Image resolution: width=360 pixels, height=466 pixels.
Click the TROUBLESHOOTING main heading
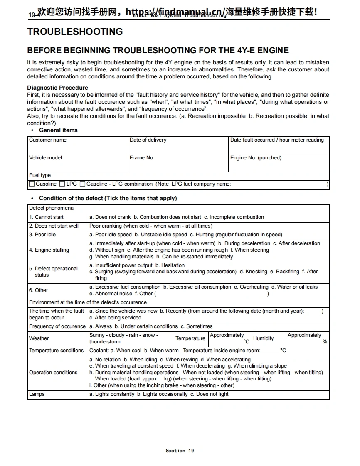point(75,32)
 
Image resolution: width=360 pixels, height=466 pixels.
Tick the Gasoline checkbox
point(32,184)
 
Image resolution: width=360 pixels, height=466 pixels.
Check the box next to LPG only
point(62,184)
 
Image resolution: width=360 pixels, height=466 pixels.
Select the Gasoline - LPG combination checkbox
point(82,184)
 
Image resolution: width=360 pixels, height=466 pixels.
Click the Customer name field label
point(48,140)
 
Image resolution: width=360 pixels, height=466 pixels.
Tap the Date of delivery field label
point(148,140)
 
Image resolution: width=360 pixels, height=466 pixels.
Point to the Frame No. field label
point(142,158)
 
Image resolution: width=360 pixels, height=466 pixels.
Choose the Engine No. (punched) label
point(256,158)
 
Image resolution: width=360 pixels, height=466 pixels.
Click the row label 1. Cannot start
point(46,217)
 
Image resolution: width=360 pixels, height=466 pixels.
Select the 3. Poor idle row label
point(42,235)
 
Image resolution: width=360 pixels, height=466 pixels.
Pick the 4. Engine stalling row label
point(49,250)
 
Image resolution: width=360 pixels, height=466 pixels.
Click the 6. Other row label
point(39,290)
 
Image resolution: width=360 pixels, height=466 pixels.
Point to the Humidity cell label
point(263,338)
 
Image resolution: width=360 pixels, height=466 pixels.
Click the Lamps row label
point(37,394)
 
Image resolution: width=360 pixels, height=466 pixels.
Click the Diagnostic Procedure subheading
point(57,88)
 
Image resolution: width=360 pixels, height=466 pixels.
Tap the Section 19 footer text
point(180,451)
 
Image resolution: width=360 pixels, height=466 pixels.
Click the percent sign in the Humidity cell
point(325,342)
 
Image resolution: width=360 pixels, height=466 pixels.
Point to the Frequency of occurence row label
point(57,326)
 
